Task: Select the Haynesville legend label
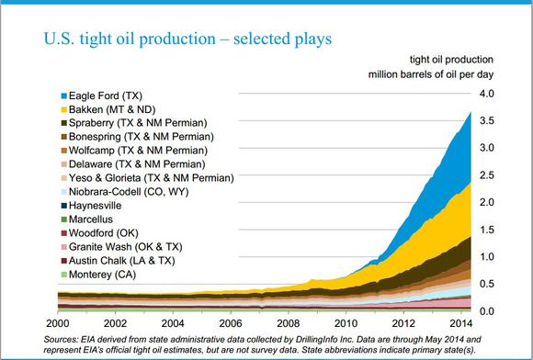pyautogui.click(x=96, y=206)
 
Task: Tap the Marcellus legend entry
pyautogui.click(x=90, y=219)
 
